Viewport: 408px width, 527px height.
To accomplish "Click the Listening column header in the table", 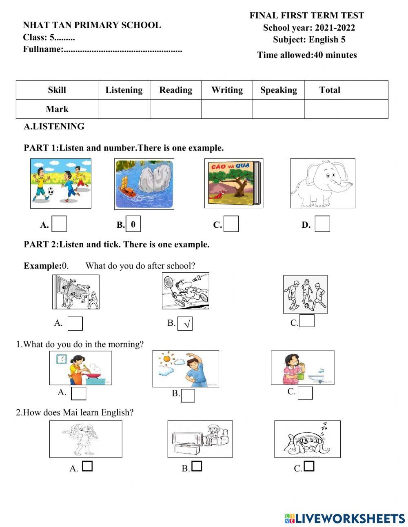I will tap(124, 90).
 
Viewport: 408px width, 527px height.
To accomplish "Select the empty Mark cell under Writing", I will tap(227, 109).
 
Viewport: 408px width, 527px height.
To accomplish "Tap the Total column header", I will tap(330, 90).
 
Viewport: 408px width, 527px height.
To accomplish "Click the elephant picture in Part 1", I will tap(323, 183).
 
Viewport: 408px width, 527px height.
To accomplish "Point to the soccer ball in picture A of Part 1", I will tap(50, 191).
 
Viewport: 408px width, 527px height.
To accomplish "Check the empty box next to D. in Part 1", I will tap(322, 224).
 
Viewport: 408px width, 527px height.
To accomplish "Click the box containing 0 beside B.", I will tap(133, 224).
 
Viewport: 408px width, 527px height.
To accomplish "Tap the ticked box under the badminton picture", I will tap(185, 324).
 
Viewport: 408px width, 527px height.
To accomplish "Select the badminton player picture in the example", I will tap(186, 291).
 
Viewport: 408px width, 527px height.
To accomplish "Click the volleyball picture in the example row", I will tap(76, 291).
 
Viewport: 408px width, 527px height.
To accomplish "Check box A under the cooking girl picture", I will tap(79, 394).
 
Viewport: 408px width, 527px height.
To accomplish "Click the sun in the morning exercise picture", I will tap(165, 359).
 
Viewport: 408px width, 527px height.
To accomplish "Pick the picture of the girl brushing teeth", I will tap(302, 367).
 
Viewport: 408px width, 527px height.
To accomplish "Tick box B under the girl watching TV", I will tap(197, 466).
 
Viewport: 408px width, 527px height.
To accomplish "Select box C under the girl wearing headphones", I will tap(309, 466).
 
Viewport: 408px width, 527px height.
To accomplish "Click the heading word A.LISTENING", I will tap(54, 127).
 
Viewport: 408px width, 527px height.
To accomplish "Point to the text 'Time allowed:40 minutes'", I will tap(307, 55).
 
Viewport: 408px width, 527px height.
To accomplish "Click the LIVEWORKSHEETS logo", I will tap(345, 518).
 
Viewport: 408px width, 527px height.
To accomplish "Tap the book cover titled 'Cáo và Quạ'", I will tap(234, 183).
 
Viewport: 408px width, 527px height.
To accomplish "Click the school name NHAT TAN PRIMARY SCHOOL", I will tap(92, 25).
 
